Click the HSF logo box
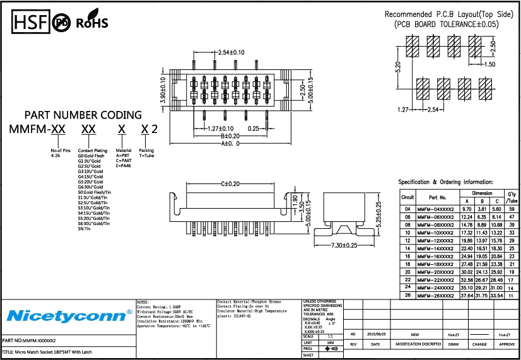tap(29, 23)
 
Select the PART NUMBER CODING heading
tap(83, 115)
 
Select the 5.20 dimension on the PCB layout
tap(397, 68)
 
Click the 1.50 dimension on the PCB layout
tap(489, 64)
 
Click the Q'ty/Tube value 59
tap(512, 209)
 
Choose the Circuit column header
tap(408, 197)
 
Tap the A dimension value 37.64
tap(467, 295)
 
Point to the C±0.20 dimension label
tap(230, 183)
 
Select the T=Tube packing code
tap(146, 156)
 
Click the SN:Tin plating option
tap(85, 228)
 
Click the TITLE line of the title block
tap(44, 352)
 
